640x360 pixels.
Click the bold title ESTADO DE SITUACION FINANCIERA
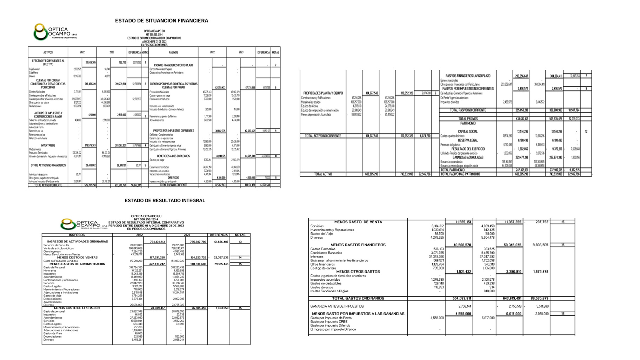(161, 21)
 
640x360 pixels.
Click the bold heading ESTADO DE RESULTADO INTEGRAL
(165, 201)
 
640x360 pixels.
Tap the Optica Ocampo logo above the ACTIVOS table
(55, 32)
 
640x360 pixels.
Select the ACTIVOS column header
(48, 52)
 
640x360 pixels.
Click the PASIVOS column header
(173, 52)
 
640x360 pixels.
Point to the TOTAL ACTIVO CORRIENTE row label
(48, 185)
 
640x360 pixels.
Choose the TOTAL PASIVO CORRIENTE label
(173, 185)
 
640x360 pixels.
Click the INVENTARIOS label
(48, 145)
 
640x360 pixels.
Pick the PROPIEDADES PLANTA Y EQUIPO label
(323, 93)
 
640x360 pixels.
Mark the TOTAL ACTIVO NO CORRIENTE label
(322, 136)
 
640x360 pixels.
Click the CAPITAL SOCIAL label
(468, 132)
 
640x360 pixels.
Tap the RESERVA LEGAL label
(468, 140)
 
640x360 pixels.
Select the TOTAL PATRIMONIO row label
(452, 170)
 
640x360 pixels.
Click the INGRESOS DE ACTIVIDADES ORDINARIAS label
(78, 241)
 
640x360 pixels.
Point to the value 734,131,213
(157, 242)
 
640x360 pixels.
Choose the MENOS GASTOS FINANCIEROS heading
(358, 245)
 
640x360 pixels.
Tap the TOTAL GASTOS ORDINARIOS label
(358, 298)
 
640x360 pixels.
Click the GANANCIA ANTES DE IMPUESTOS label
(337, 306)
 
